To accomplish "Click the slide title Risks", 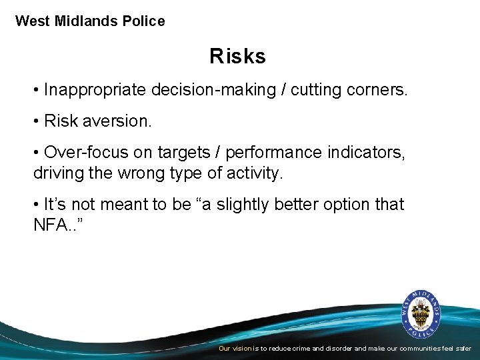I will coord(237,57).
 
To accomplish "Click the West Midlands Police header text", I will coord(90,21).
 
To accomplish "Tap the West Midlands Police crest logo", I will coord(421,312).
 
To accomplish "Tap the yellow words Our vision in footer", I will coord(235,349).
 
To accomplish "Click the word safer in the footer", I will coord(463,349).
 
